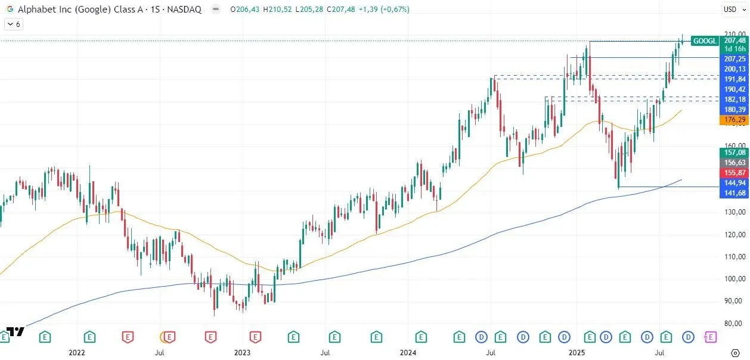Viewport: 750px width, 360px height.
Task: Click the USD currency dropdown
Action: pyautogui.click(x=733, y=9)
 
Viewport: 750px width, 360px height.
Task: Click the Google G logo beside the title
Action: pyautogui.click(x=10, y=10)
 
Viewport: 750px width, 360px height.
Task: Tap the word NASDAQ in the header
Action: pyautogui.click(x=185, y=10)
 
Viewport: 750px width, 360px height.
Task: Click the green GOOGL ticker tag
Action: pyautogui.click(x=704, y=41)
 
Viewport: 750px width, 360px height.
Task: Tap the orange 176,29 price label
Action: pyautogui.click(x=734, y=120)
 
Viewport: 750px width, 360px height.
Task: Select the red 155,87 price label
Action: pyautogui.click(x=734, y=172)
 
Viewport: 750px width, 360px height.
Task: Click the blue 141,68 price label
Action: pyautogui.click(x=734, y=193)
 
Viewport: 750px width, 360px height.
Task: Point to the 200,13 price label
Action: pyautogui.click(x=734, y=69)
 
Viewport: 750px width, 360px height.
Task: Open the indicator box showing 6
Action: pyautogui.click(x=14, y=24)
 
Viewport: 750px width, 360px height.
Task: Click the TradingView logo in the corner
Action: pyautogui.click(x=16, y=331)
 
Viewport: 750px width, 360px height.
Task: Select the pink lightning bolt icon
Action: pyautogui.click(x=709, y=337)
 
